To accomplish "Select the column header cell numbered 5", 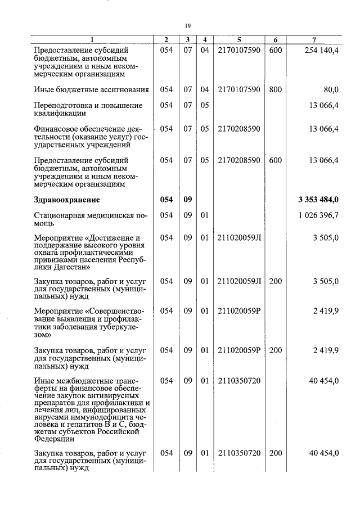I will click(238, 40).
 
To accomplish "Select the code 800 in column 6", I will click(275, 89).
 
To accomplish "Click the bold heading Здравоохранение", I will click(66, 199).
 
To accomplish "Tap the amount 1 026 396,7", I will click(318, 215).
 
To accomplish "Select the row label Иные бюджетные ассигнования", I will click(91, 89).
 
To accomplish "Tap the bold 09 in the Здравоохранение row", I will click(188, 199).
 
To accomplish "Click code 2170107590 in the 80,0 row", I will click(238, 89).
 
